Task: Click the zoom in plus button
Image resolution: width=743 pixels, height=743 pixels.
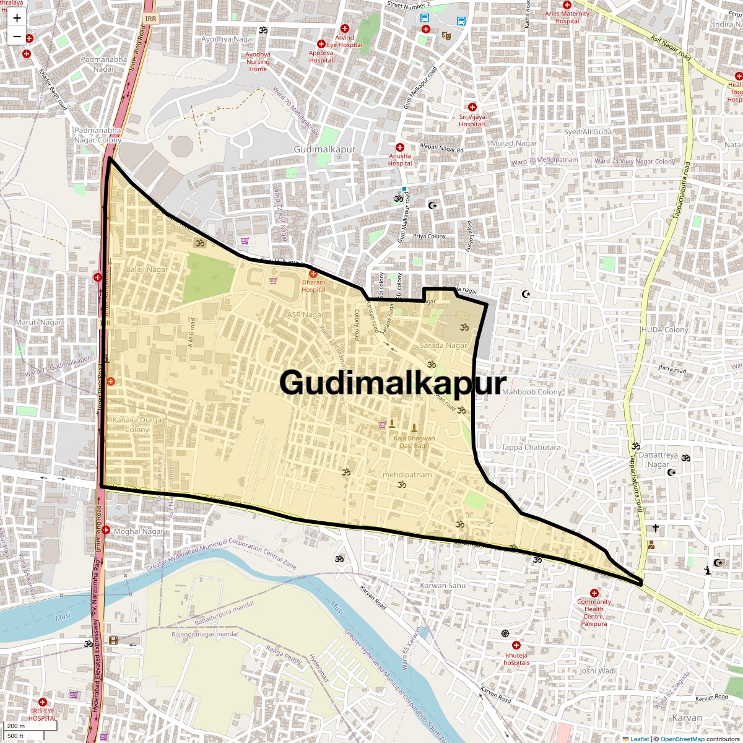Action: tap(17, 18)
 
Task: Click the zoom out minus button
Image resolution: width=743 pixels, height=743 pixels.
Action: tap(17, 37)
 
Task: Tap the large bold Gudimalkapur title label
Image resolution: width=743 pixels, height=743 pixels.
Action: tap(393, 383)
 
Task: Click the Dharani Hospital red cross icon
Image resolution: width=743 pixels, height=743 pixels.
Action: tap(313, 274)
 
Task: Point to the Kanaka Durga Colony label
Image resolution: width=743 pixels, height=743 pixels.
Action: tap(137, 425)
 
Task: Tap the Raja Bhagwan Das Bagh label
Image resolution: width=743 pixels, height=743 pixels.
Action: tap(414, 442)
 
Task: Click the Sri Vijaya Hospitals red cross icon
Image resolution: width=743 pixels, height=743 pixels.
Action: tap(472, 107)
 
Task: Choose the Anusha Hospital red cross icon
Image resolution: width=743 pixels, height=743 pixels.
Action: tap(400, 147)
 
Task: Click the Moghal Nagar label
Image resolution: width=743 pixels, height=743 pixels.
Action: tap(139, 531)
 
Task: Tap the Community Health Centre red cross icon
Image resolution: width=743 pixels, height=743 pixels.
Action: tap(594, 593)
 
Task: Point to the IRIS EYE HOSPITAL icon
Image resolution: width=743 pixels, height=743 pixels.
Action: tap(42, 702)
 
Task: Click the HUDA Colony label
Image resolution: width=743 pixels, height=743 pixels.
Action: tap(665, 330)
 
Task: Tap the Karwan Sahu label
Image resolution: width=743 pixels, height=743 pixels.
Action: tap(443, 585)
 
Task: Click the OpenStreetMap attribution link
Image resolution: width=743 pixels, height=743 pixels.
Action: tap(682, 739)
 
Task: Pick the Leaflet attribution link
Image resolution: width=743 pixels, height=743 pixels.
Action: tap(640, 739)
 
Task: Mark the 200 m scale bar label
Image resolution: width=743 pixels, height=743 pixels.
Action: tap(17, 726)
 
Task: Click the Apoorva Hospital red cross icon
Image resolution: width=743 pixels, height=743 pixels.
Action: tap(321, 44)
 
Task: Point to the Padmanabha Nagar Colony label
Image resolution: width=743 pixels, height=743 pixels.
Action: tap(98, 135)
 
